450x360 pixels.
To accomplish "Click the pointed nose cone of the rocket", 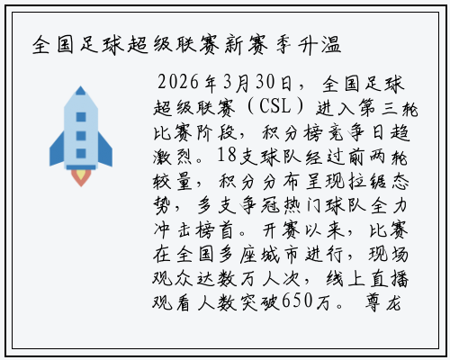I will point(81,95).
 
